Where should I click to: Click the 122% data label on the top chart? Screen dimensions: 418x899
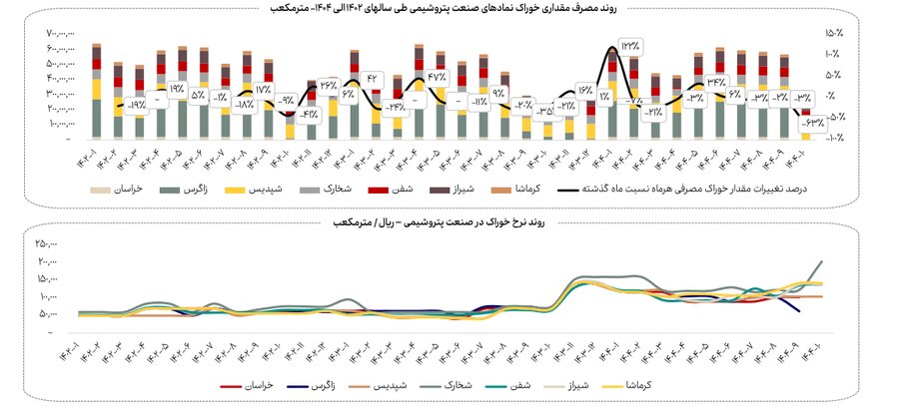point(631,46)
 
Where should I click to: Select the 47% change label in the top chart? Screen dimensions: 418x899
point(437,77)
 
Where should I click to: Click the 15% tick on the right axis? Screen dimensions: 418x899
point(831,34)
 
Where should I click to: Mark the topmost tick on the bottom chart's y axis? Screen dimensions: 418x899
point(46,243)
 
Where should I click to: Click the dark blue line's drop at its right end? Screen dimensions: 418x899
point(797,310)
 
